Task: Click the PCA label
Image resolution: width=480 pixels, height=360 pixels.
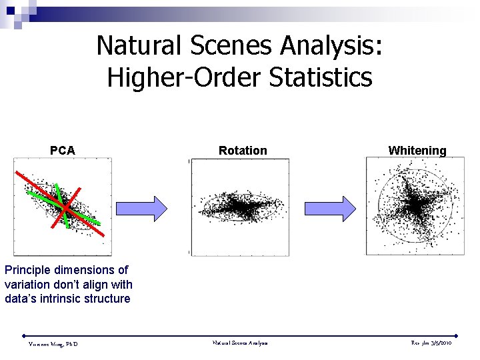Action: [63, 151]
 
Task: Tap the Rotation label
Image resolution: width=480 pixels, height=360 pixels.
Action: [243, 151]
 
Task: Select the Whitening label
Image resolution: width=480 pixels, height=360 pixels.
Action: [417, 151]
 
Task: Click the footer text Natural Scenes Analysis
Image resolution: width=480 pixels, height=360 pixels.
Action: [240, 343]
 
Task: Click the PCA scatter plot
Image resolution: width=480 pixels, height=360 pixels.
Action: [63, 207]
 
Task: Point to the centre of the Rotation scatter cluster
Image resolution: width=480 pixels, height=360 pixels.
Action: [240, 207]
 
